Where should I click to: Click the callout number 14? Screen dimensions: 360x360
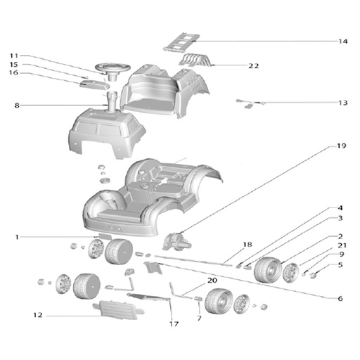tap(342, 41)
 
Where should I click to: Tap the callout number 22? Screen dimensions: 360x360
tap(254, 66)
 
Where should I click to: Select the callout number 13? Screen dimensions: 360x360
tap(342, 103)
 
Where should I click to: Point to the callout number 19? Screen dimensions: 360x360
tap(341, 146)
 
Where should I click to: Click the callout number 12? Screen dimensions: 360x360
tap(38, 315)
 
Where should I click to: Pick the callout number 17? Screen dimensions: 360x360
tap(174, 324)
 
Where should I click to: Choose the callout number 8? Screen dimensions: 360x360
tap(17, 105)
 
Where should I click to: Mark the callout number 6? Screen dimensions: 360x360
tap(340, 298)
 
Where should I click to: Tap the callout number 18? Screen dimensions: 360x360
tap(247, 245)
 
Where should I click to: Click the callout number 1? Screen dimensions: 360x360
tap(17, 237)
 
